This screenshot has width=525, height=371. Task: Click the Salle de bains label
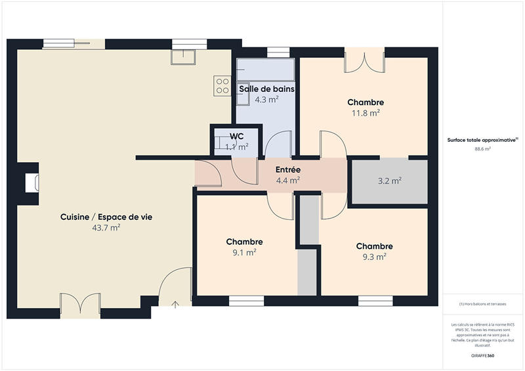click(x=266, y=89)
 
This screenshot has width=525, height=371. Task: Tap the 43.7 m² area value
click(x=106, y=228)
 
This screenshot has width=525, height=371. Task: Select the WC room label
click(x=237, y=136)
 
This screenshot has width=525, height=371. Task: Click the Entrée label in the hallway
click(x=287, y=169)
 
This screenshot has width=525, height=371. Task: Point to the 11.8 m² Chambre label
click(x=366, y=102)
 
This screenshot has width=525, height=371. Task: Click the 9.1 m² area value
click(x=244, y=252)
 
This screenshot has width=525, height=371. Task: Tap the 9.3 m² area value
click(x=374, y=257)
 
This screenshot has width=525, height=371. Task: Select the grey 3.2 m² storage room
click(x=387, y=181)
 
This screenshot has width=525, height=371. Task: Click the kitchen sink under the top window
click(x=183, y=58)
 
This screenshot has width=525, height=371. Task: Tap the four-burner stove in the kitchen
click(x=221, y=85)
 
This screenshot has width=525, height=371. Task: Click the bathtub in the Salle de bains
click(x=266, y=69)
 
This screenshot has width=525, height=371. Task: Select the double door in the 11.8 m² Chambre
click(x=365, y=60)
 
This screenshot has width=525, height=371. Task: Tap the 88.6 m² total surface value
click(x=482, y=149)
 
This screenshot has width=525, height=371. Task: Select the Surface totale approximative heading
click(x=482, y=140)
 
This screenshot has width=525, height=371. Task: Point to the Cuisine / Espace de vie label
click(x=106, y=217)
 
